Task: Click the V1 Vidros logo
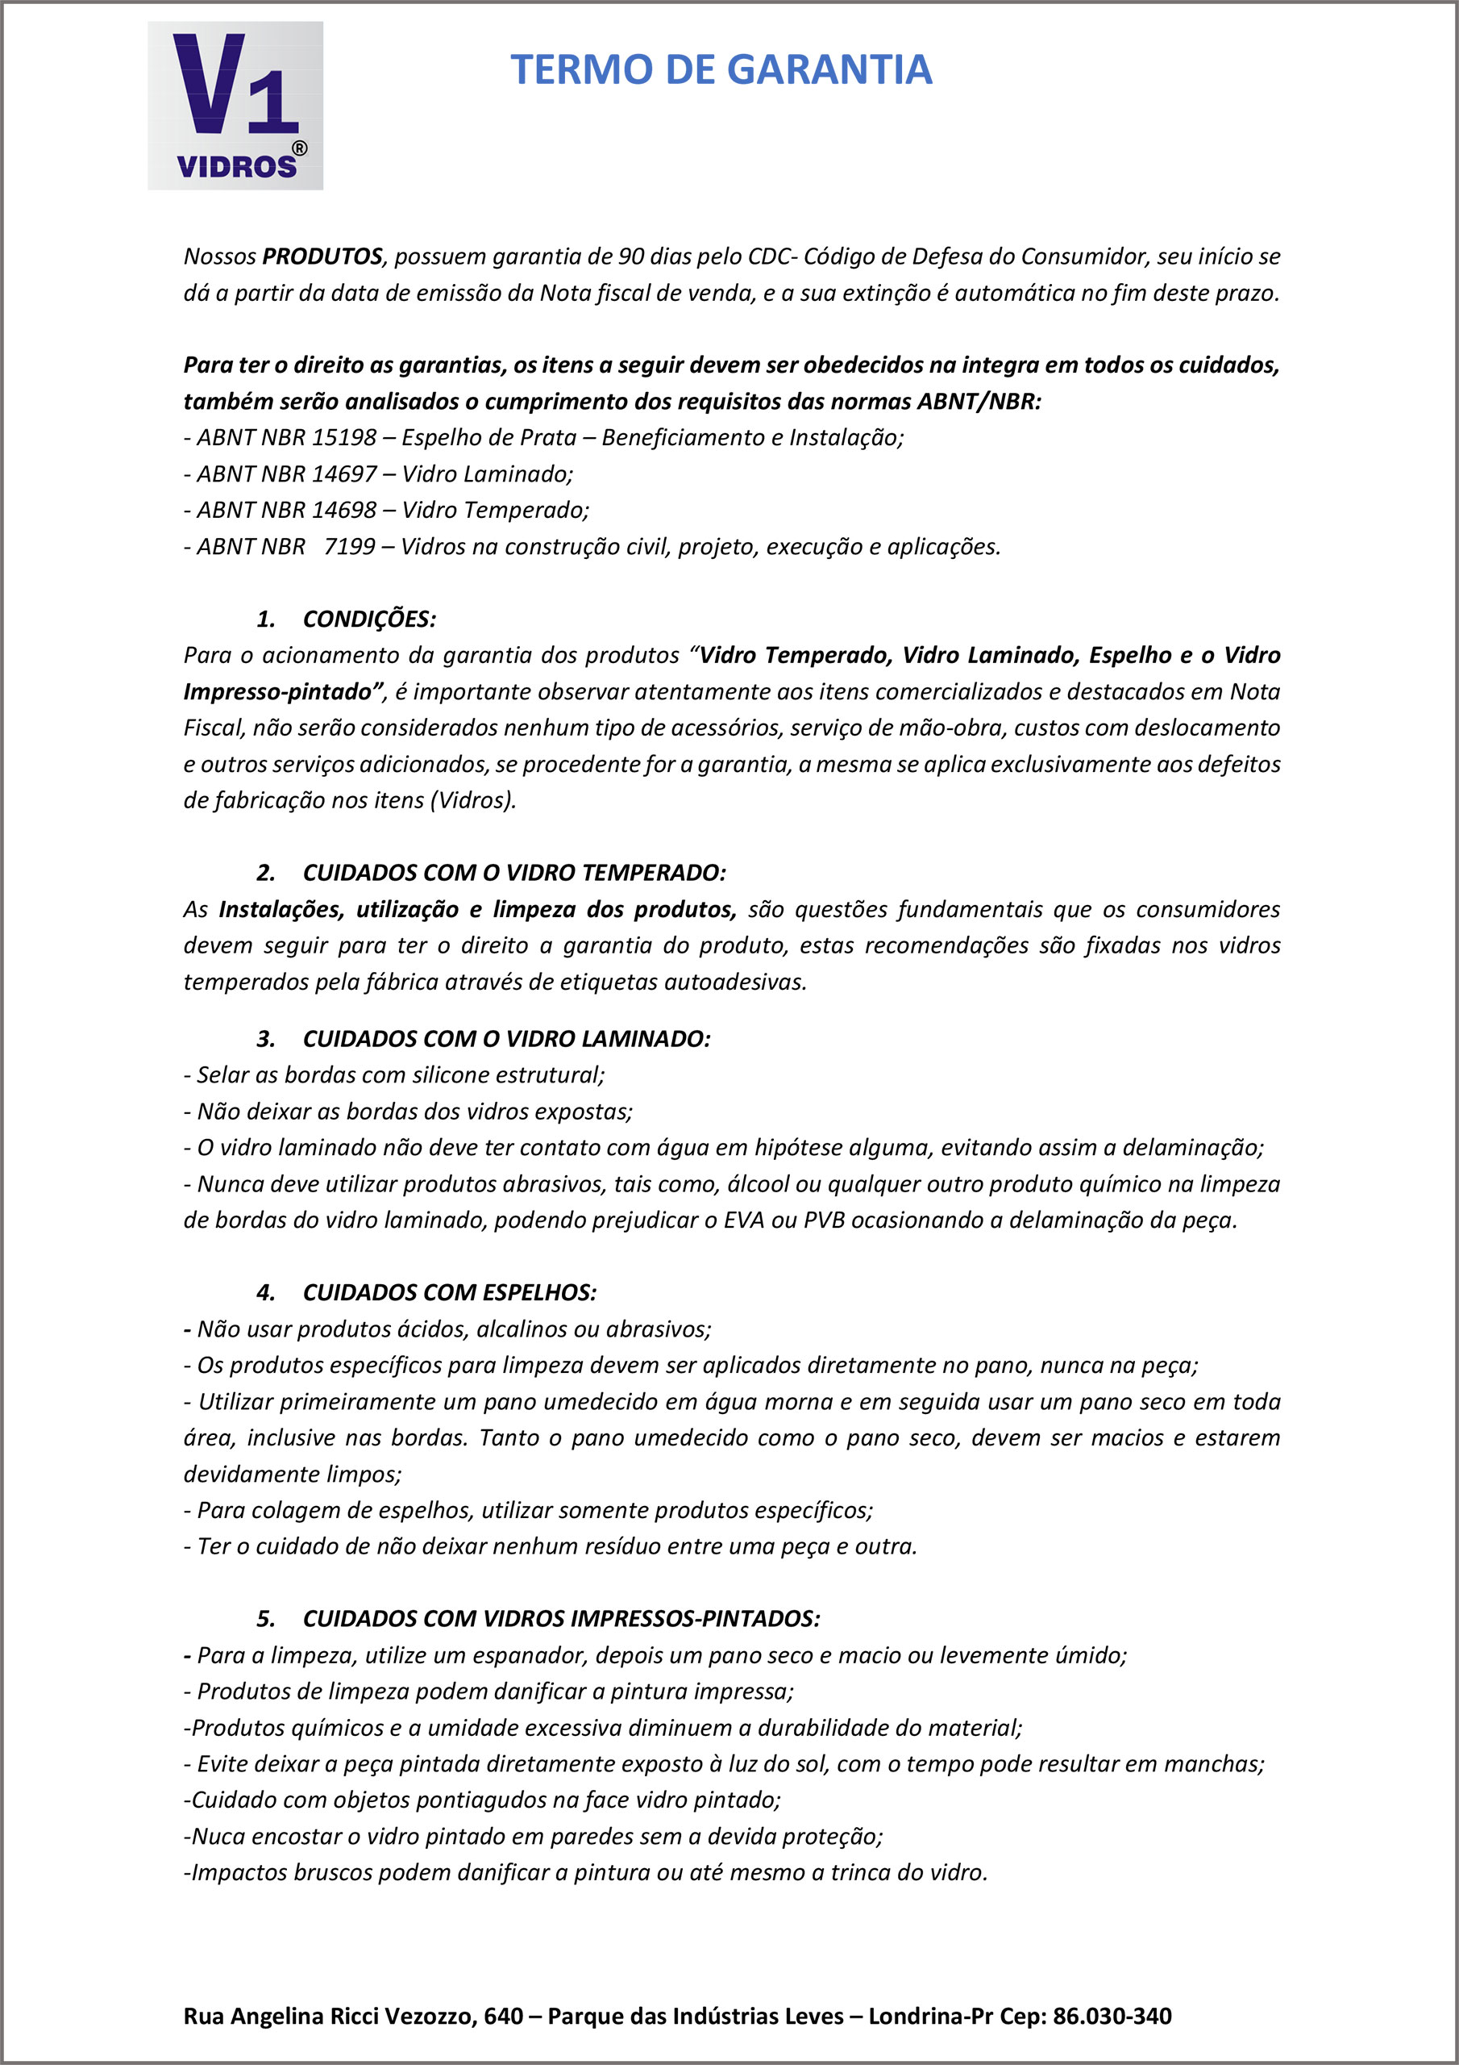(235, 105)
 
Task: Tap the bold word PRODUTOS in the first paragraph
(322, 257)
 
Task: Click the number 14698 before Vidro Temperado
(343, 510)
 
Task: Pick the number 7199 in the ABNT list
(349, 546)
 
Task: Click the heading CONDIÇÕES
(368, 619)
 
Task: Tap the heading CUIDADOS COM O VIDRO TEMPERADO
(513, 873)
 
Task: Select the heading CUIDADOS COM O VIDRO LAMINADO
(506, 1039)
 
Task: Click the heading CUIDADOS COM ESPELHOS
(450, 1292)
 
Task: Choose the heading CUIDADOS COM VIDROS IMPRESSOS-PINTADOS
(561, 1619)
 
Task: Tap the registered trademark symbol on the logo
(299, 148)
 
